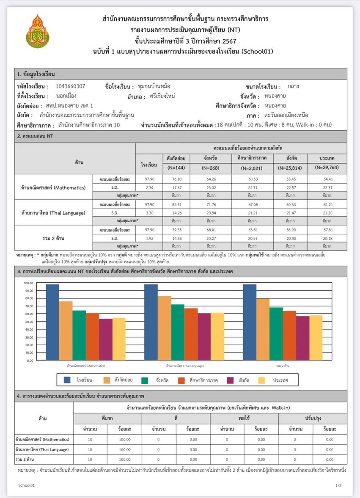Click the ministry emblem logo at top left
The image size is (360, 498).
(38, 31)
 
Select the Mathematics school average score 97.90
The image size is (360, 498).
(150, 179)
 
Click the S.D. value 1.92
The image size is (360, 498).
(150, 238)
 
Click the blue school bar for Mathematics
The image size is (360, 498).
(52, 322)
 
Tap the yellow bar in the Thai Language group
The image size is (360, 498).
(217, 336)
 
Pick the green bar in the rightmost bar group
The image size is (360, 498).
(276, 334)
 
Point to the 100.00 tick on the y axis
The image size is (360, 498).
(28, 283)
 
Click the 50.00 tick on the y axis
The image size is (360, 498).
(28, 322)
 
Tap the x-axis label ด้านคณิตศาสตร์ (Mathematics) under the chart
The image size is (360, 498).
(86, 365)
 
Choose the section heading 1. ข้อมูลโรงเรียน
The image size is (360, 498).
(36, 74)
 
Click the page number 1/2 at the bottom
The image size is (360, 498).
(338, 485)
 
